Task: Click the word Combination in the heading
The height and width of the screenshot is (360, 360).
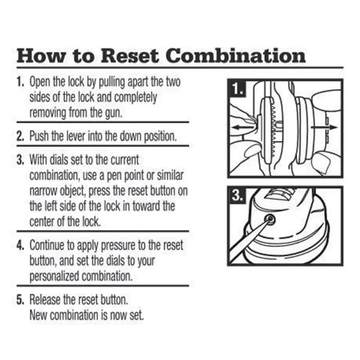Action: [x=236, y=56]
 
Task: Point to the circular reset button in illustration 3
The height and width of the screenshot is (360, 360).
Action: [x=270, y=220]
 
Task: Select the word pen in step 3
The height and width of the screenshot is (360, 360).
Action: [x=118, y=174]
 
